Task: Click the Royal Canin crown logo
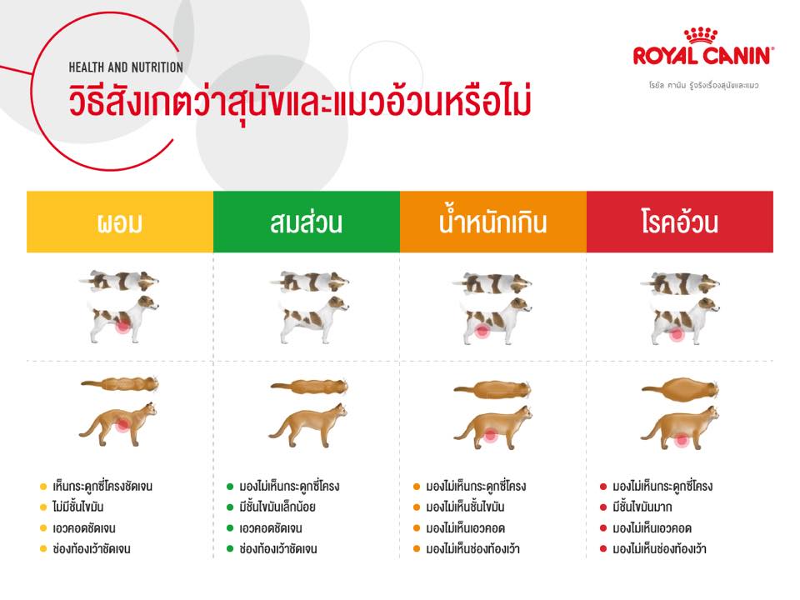701,35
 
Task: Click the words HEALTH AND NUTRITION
126,67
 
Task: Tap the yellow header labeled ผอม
120,222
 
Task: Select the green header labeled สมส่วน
307,222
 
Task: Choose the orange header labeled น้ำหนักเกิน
493,222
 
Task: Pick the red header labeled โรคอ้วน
680,222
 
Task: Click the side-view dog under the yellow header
123,319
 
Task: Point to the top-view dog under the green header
308,281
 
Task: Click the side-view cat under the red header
680,427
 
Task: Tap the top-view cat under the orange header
492,389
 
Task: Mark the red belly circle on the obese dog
677,334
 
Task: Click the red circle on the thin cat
122,424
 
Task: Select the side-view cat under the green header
307,425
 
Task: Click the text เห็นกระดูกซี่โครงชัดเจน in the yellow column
102,486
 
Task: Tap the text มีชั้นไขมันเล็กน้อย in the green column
277,507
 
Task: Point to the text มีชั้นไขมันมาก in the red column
642,507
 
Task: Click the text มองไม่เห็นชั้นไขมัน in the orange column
465,507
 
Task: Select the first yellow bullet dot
43,487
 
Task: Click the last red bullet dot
603,549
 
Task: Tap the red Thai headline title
300,101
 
